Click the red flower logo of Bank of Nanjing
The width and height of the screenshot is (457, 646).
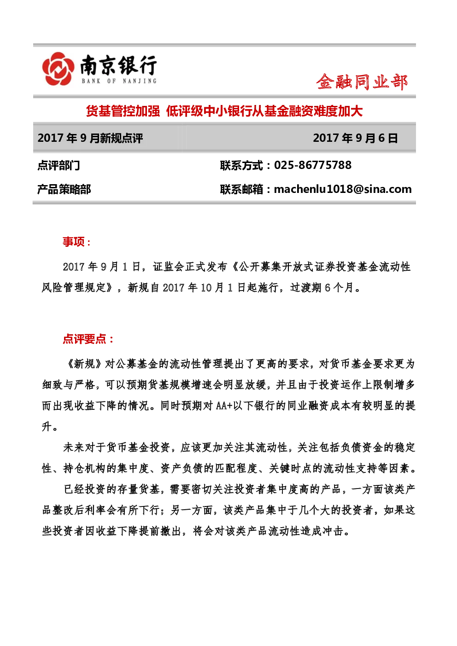point(58,69)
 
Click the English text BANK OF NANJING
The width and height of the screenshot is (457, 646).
point(119,81)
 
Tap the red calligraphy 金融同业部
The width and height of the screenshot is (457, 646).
point(362,82)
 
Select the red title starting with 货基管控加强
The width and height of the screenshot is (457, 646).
point(224,111)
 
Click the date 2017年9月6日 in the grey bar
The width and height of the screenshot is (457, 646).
point(356,138)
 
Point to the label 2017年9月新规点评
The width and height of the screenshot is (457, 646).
point(90,138)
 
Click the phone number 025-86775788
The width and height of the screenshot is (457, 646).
point(313,165)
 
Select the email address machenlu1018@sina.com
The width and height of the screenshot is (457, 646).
point(343,189)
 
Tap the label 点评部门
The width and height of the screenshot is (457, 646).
point(59,165)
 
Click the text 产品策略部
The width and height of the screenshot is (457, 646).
point(64,189)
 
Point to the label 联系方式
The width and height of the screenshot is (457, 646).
point(241,165)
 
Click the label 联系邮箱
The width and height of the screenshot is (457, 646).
point(241,189)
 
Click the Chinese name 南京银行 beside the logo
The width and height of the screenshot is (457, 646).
point(118,65)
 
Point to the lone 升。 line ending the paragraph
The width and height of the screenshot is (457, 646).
point(50,426)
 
